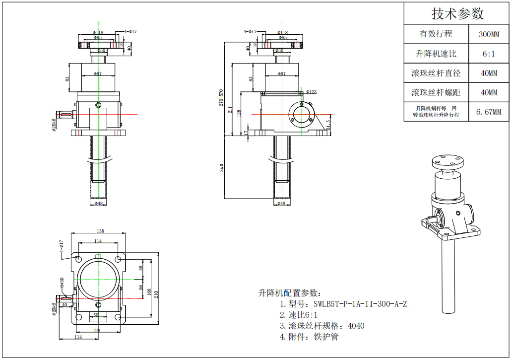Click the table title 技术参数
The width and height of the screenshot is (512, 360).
click(x=457, y=13)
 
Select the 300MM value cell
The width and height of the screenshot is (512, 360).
click(x=489, y=34)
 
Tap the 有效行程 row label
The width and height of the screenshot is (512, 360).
click(x=436, y=34)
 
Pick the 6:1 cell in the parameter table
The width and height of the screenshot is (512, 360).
click(x=489, y=54)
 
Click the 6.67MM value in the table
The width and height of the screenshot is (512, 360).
click(x=489, y=111)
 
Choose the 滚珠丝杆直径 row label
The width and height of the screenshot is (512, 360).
click(x=436, y=73)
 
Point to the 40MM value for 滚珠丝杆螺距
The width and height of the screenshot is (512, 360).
click(x=489, y=92)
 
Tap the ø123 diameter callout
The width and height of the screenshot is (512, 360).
click(x=311, y=91)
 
